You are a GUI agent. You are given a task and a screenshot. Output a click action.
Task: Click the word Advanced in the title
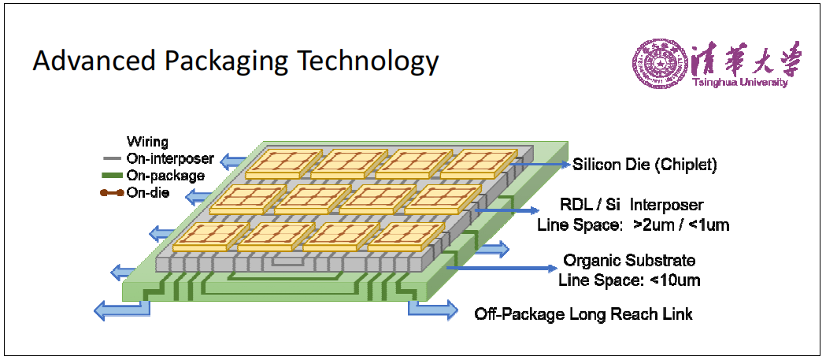coord(93,61)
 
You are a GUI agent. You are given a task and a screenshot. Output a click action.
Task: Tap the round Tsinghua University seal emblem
coord(659,64)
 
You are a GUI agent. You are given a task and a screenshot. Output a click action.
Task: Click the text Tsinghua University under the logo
coord(740,83)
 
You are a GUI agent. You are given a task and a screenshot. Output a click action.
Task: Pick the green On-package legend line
coord(113,176)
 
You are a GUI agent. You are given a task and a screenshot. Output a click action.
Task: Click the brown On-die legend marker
coord(112,193)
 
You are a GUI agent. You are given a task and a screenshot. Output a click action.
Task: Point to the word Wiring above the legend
coord(147,141)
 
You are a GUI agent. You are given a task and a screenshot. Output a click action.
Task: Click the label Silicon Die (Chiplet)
coord(645,165)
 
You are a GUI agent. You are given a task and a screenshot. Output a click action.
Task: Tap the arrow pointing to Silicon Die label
coord(540,165)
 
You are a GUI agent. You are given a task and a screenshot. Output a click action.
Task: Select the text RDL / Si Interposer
coord(632,205)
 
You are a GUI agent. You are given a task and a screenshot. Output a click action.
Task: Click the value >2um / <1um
coord(681,225)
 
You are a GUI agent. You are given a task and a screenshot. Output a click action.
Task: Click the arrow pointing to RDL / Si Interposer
coord(503,211)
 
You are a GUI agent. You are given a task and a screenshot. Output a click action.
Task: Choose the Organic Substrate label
coord(629,261)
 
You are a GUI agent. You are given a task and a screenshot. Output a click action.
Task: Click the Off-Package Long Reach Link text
coord(583,314)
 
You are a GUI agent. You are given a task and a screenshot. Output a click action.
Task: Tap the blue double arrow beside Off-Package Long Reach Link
coord(432,310)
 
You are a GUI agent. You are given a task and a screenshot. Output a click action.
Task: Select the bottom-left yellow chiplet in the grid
coord(211,237)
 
